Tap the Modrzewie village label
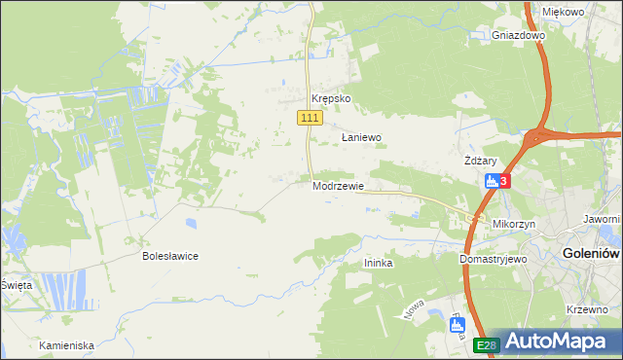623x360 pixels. [339, 186]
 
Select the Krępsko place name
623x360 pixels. [330, 99]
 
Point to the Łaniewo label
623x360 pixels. [361, 138]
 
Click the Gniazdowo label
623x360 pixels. [519, 35]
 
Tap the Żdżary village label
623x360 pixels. [481, 161]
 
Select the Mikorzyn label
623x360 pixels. [515, 223]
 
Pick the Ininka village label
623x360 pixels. [378, 263]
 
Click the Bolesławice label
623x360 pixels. [170, 256]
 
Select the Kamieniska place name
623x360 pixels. [66, 345]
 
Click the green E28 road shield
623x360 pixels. [487, 345]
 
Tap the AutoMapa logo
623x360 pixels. [556, 342]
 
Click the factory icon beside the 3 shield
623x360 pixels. [493, 180]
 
